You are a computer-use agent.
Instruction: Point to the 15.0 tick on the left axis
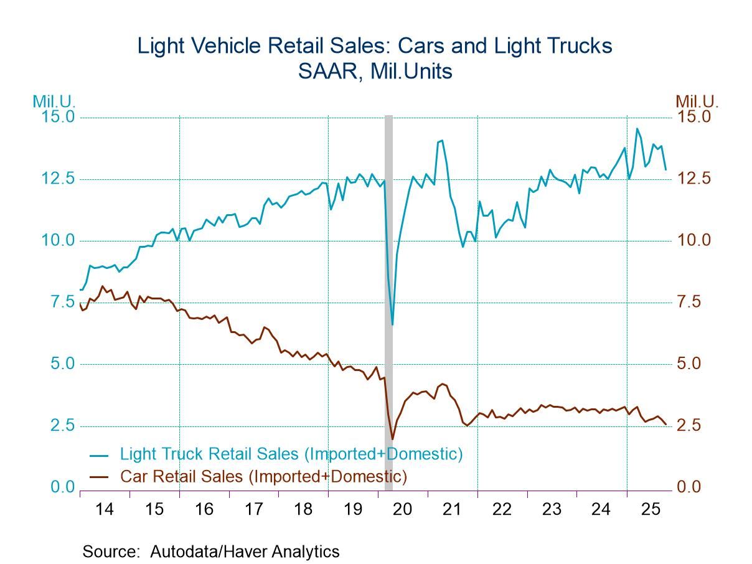click(57, 117)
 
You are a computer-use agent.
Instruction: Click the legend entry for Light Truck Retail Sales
click(291, 454)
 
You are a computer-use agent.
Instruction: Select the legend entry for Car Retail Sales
click(263, 477)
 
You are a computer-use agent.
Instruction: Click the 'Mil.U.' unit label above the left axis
click(55, 101)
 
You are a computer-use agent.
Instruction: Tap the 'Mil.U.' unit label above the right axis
click(697, 101)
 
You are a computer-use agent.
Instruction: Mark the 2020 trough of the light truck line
click(392, 324)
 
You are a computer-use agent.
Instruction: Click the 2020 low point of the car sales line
click(392, 439)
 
